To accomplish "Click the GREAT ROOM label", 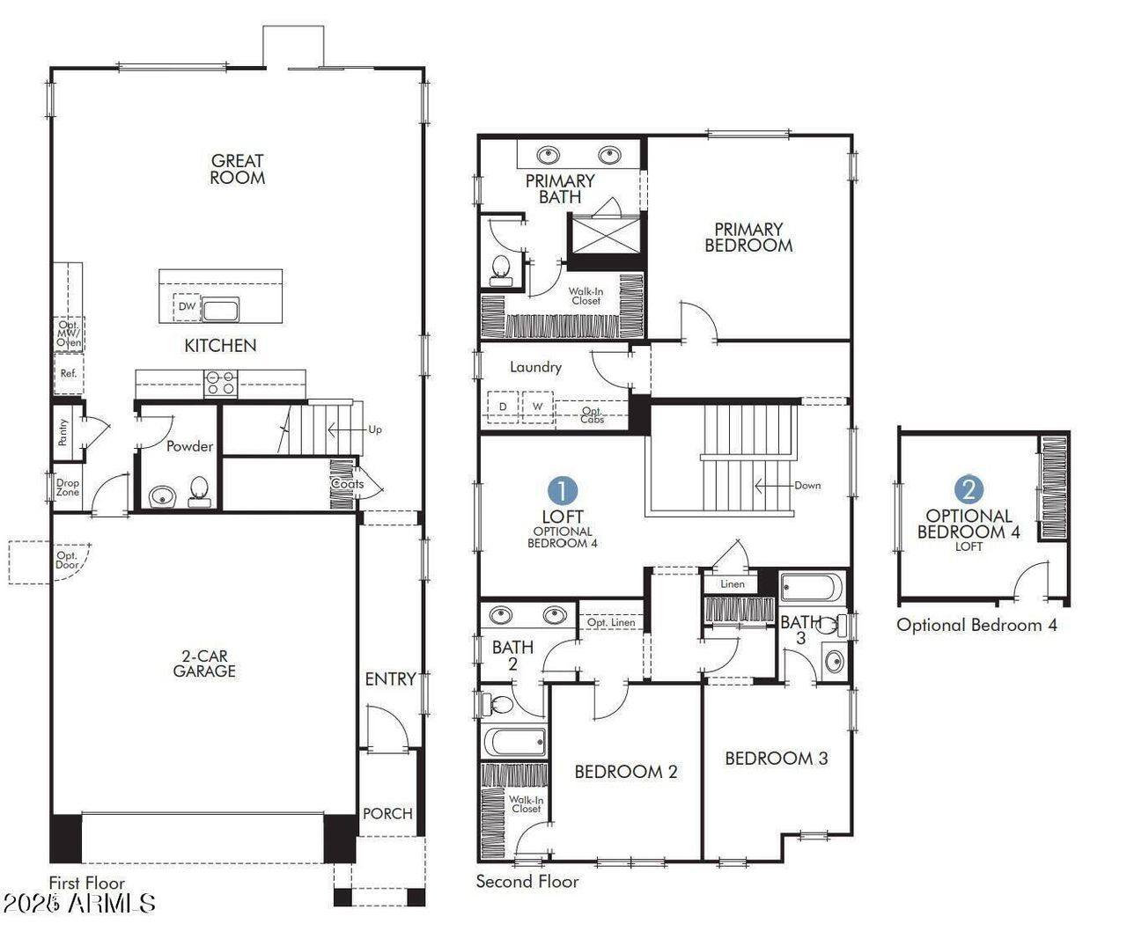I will pyautogui.click(x=237, y=169).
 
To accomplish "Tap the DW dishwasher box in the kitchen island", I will pyautogui.click(x=187, y=306).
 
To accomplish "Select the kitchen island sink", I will pyautogui.click(x=220, y=309).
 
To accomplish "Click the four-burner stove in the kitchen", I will pyautogui.click(x=220, y=382).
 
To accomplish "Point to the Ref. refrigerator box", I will pyautogui.click(x=69, y=373).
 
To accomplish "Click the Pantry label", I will pyautogui.click(x=63, y=432).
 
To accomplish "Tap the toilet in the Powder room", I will pyautogui.click(x=199, y=492).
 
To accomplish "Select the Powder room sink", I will pyautogui.click(x=162, y=497).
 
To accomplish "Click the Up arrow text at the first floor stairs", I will pyautogui.click(x=375, y=429).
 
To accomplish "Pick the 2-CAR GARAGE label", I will pyautogui.click(x=204, y=664).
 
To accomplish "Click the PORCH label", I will pyautogui.click(x=387, y=813).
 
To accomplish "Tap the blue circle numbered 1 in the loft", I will pyautogui.click(x=563, y=491).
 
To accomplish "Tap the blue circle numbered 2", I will pyautogui.click(x=969, y=489).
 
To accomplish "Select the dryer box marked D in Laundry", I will pyautogui.click(x=503, y=407).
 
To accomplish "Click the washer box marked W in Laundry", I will pyautogui.click(x=537, y=407).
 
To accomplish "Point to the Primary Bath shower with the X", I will pyautogui.click(x=606, y=234).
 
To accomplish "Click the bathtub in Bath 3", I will pyautogui.click(x=812, y=587).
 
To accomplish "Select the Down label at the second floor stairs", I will pyautogui.click(x=807, y=485).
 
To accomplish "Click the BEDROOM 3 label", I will pyautogui.click(x=776, y=758).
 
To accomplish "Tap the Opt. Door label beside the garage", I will pyautogui.click(x=67, y=560).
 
